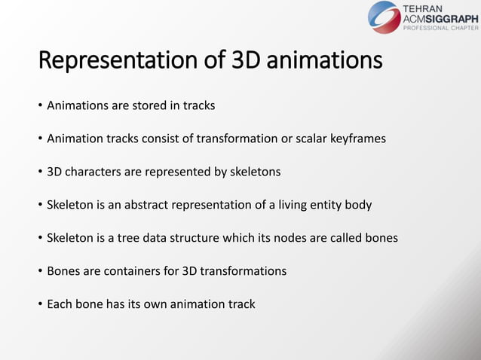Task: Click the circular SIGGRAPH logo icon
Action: coord(384,17)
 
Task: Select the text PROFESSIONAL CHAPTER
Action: coord(442,28)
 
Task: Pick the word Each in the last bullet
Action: coord(60,304)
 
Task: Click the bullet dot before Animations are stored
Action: coord(41,105)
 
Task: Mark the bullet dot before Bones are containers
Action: coord(41,271)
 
